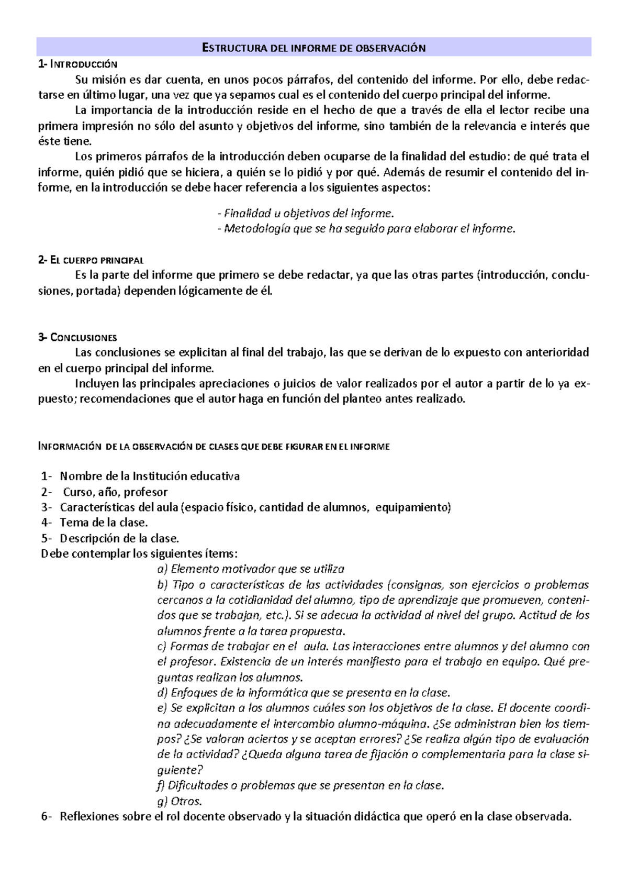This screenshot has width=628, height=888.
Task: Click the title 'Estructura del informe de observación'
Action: tap(313, 48)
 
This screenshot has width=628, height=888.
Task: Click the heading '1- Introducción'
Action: tap(78, 64)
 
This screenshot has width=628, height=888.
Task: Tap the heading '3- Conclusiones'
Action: tap(77, 338)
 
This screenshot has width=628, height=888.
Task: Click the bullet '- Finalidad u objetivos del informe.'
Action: tap(305, 214)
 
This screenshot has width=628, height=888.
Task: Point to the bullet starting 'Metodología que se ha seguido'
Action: tap(366, 229)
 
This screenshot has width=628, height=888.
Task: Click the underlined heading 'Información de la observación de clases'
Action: tap(214, 447)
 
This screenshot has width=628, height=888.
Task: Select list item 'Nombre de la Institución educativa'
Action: tap(150, 476)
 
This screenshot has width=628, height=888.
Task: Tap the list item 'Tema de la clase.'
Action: tap(104, 523)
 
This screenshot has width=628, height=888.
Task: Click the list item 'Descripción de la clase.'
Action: tap(119, 538)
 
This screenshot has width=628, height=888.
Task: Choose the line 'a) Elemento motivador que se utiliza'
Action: tap(251, 569)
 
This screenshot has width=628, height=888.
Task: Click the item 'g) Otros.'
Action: tap(180, 801)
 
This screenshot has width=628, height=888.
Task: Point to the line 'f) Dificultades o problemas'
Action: tap(300, 785)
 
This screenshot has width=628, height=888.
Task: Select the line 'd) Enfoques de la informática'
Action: tap(303, 693)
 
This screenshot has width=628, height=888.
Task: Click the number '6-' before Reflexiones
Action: tap(47, 816)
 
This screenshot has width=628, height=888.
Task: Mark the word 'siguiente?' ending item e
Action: tap(180, 770)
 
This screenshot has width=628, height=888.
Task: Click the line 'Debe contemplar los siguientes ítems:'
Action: tap(139, 553)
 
